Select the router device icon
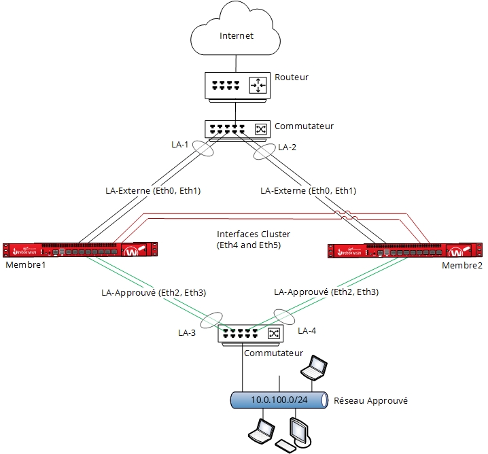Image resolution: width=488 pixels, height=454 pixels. coord(236,86)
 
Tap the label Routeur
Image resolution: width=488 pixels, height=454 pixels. coord(291,77)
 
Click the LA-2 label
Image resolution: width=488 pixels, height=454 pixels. coord(288,147)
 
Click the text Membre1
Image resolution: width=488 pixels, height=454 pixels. coord(21,264)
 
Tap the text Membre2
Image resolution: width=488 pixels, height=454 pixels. coord(461,264)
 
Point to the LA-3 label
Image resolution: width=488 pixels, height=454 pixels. coord(188,333)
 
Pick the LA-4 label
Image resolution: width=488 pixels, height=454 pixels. coord(307,330)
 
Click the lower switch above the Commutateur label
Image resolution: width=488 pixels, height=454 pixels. coord(249,334)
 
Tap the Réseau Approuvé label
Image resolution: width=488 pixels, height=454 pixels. coord(370,401)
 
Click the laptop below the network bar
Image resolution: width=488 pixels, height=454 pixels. coord(260,431)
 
